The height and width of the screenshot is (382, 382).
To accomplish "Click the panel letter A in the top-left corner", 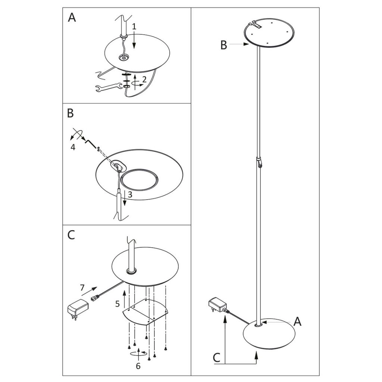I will [x=72, y=18].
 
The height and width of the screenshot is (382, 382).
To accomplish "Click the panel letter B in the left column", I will [x=71, y=113].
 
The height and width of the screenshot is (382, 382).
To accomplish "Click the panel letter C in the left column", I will [x=71, y=235].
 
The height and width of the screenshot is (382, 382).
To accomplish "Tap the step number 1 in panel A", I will [x=134, y=26].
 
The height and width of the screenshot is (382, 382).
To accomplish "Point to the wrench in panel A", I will [x=107, y=88].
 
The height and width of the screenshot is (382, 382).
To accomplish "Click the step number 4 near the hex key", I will [x=73, y=147].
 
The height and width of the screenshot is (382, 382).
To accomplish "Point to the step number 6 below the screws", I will [x=138, y=366].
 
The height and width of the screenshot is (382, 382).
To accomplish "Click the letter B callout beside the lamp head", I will [x=223, y=45].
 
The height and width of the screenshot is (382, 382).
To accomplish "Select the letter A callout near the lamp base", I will [x=297, y=321].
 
